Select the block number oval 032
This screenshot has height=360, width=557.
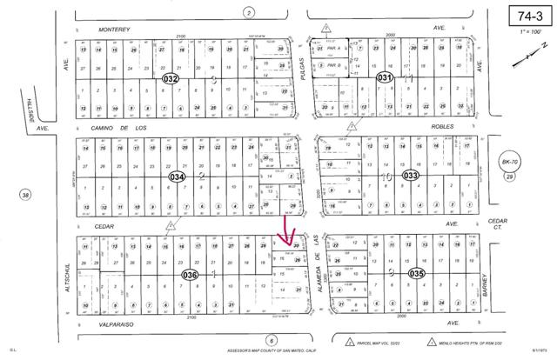point(171,78)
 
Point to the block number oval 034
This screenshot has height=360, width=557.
point(178,176)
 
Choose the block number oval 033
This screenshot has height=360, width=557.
point(411,175)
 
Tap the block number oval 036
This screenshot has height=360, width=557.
point(190,275)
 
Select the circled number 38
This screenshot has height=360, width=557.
point(26,195)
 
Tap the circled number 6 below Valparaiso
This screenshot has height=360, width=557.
point(272,340)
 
